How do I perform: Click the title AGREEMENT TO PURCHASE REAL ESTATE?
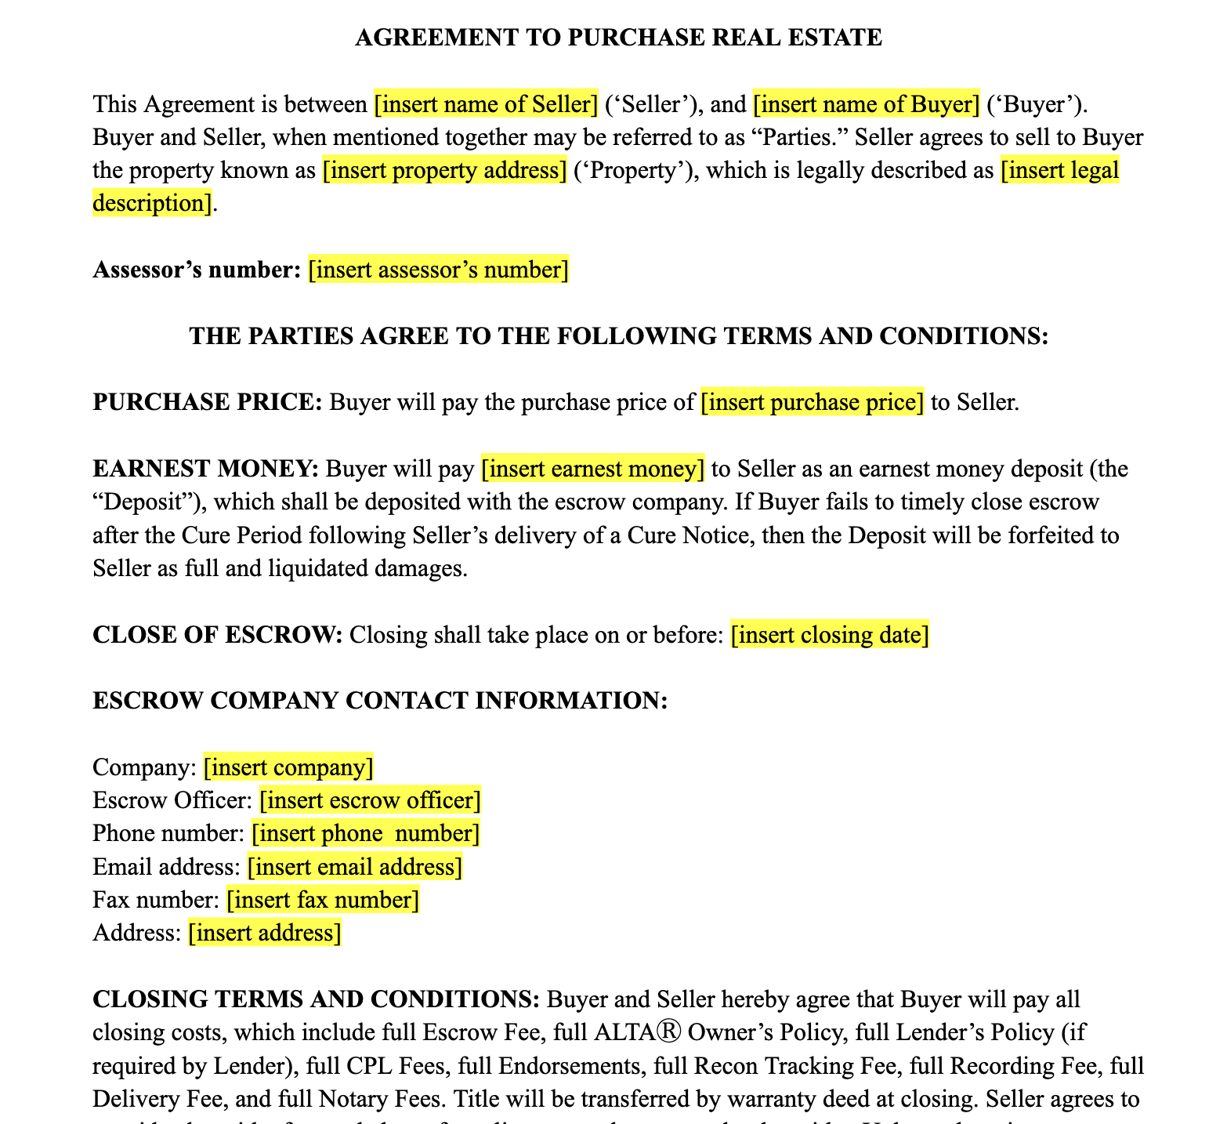click(618, 38)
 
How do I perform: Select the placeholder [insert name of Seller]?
click(486, 103)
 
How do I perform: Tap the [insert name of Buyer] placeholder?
click(866, 103)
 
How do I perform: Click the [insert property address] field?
click(444, 170)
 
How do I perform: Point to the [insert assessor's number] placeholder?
click(438, 270)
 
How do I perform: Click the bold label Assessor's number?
click(197, 270)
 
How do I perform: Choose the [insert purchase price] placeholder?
click(812, 402)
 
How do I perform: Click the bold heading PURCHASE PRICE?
click(208, 402)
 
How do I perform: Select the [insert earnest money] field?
click(592, 469)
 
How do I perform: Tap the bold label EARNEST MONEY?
click(206, 469)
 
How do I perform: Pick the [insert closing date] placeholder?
click(830, 634)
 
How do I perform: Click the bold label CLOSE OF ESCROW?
click(218, 634)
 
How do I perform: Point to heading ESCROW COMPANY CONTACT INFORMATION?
click(380, 701)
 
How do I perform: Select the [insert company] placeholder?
click(288, 767)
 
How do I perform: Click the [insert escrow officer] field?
click(370, 800)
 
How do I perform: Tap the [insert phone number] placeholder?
click(365, 833)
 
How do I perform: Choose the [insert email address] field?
click(355, 867)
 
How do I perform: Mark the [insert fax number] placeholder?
click(323, 900)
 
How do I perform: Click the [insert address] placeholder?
click(265, 933)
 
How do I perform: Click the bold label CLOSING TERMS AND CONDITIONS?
click(316, 999)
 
